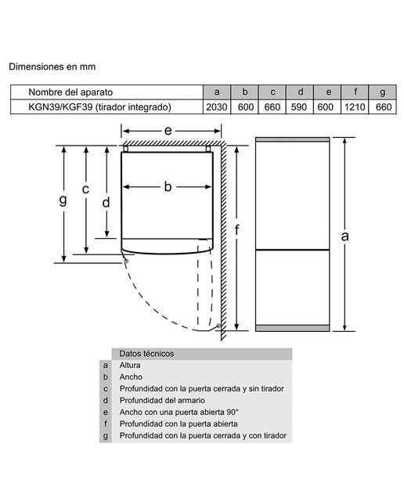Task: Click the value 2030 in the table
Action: [x=216, y=107]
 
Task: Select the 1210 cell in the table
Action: [x=355, y=107]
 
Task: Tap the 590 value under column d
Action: [x=299, y=107]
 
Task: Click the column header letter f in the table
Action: [x=355, y=92]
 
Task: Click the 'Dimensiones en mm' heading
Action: [x=52, y=67]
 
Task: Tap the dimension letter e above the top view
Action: [x=168, y=131]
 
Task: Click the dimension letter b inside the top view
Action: [x=168, y=186]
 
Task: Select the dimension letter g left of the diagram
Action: [x=63, y=200]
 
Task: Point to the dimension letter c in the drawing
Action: [x=85, y=189]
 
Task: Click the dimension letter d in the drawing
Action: [x=106, y=202]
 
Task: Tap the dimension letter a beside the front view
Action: [x=344, y=236]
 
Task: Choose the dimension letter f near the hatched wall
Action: [x=236, y=229]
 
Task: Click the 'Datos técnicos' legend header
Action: [x=146, y=354]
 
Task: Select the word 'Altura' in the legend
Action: [x=130, y=366]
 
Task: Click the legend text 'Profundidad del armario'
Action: [x=162, y=400]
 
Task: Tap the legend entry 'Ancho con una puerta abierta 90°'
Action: [x=179, y=413]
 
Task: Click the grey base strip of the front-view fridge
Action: [x=293, y=328]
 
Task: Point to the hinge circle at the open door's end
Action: [x=218, y=326]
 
